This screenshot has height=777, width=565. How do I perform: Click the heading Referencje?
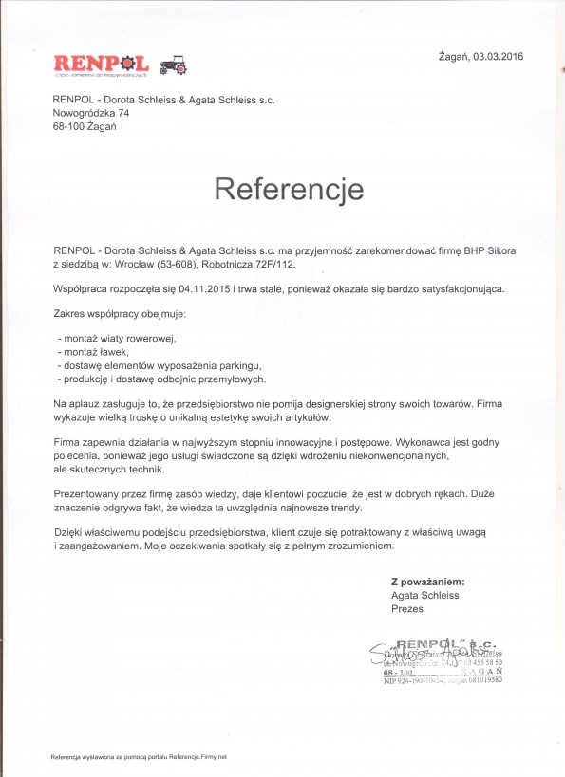[x=289, y=188]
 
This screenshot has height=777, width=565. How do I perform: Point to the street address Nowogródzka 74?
[x=91, y=113]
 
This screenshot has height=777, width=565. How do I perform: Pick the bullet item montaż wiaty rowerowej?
[x=118, y=339]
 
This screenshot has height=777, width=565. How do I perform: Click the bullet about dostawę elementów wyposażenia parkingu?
[x=159, y=365]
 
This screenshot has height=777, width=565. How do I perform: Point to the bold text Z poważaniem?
[x=427, y=581]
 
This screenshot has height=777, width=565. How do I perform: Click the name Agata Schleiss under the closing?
[x=424, y=594]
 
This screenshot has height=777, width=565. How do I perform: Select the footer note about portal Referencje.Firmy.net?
[x=139, y=757]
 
